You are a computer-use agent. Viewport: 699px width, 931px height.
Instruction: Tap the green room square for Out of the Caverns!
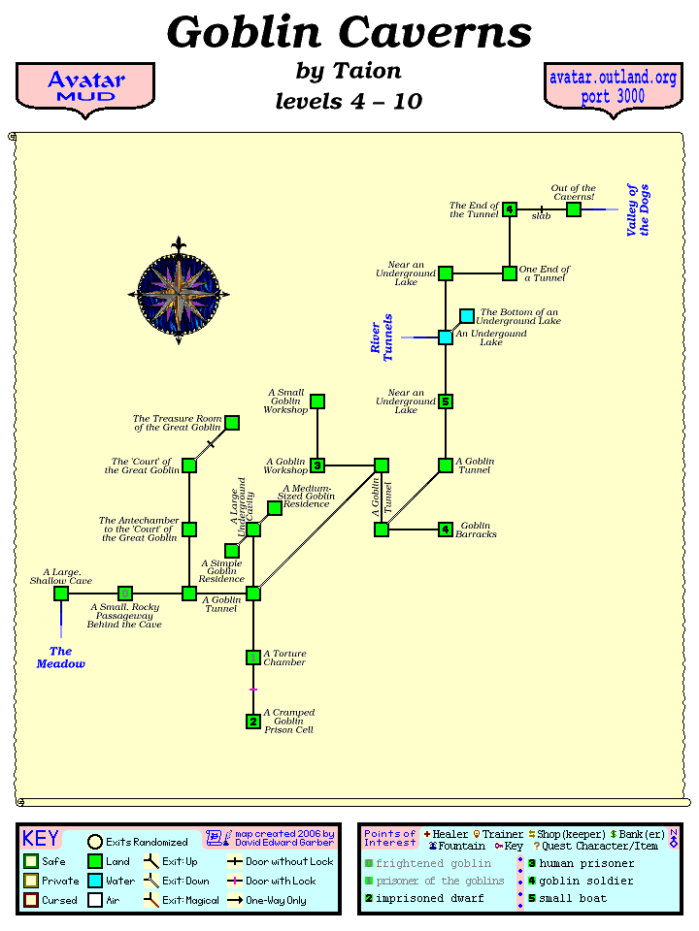pos(574,209)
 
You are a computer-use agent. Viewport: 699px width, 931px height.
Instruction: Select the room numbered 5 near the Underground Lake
pos(446,401)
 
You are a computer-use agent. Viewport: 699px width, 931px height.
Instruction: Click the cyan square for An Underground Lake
pos(446,337)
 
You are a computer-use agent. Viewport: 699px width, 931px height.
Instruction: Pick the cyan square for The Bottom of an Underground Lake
pos(467,316)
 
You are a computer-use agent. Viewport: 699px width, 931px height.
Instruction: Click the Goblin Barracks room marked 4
pos(446,530)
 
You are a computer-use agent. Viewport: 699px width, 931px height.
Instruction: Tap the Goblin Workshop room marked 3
pos(317,465)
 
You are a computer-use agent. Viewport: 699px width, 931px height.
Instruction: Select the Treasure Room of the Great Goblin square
pos(232,423)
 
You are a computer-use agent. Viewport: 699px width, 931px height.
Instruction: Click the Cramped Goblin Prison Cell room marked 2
pos(253,722)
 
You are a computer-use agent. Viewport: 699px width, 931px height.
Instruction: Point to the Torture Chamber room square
pos(253,658)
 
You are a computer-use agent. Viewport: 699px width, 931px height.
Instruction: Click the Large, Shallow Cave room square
pos(61,594)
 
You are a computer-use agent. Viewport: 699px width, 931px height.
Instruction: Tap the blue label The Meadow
pos(61,658)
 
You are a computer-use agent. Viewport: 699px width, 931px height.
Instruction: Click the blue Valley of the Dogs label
pos(638,210)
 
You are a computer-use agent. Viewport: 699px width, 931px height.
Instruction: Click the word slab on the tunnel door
pos(541,216)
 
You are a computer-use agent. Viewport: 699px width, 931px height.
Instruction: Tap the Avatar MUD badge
pos(85,87)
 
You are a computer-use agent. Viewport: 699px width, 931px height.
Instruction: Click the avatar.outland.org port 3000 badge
pos(613,87)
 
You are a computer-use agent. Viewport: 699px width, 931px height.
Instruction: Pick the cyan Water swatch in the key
pos(94,881)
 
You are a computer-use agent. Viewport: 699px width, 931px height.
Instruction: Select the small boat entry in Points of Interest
pos(573,898)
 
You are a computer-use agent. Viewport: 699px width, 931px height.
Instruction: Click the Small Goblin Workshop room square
pos(317,401)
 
